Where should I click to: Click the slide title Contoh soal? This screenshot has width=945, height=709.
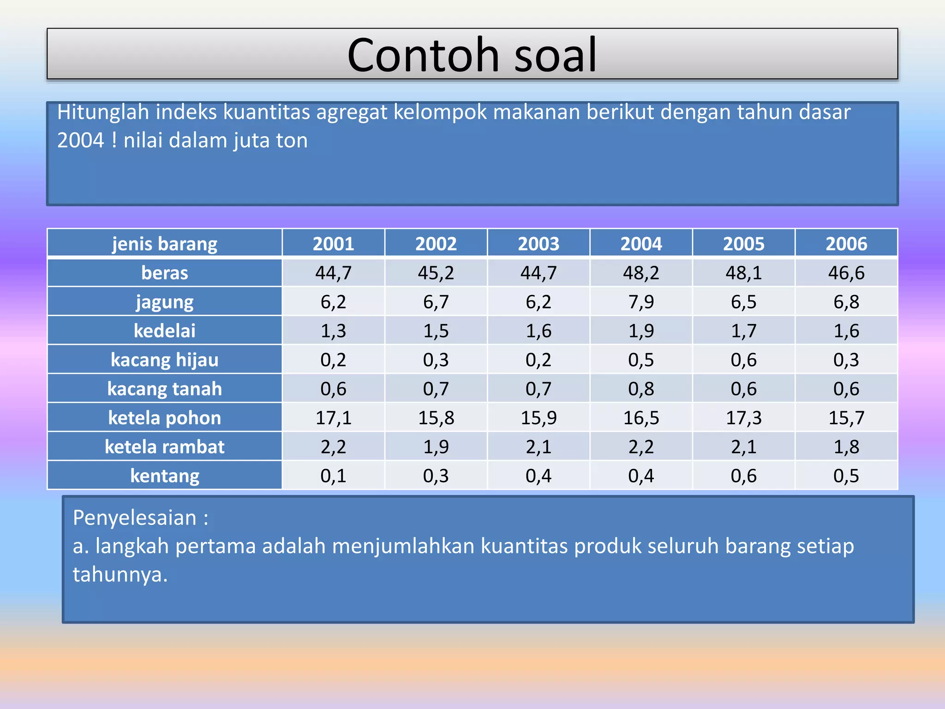tap(472, 55)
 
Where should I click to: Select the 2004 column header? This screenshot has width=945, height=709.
tap(641, 244)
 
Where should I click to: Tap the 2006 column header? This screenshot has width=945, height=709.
tap(846, 244)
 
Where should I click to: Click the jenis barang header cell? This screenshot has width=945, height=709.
tap(165, 244)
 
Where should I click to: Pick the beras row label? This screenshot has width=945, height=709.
tap(165, 273)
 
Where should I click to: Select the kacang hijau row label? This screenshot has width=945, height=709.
tap(165, 360)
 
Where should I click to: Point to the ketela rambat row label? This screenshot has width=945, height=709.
tap(165, 447)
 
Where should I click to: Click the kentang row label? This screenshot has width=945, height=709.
tap(165, 476)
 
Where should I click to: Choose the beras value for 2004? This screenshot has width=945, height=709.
tap(641, 273)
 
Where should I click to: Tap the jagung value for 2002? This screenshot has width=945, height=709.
tap(436, 302)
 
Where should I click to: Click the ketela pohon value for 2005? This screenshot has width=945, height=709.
tap(743, 418)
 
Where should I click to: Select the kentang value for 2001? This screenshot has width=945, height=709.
tap(333, 476)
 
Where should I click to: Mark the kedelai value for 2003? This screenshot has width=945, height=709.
tap(538, 331)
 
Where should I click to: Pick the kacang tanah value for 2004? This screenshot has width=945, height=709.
tap(641, 389)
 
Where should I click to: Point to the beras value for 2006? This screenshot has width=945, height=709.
tap(846, 273)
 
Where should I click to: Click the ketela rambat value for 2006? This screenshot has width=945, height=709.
tap(846, 447)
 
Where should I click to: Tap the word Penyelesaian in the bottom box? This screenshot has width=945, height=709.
tap(135, 518)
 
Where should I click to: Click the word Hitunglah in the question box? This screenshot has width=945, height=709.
tap(103, 112)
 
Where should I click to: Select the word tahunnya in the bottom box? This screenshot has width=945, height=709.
tap(119, 575)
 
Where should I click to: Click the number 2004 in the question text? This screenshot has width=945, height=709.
tap(81, 141)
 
